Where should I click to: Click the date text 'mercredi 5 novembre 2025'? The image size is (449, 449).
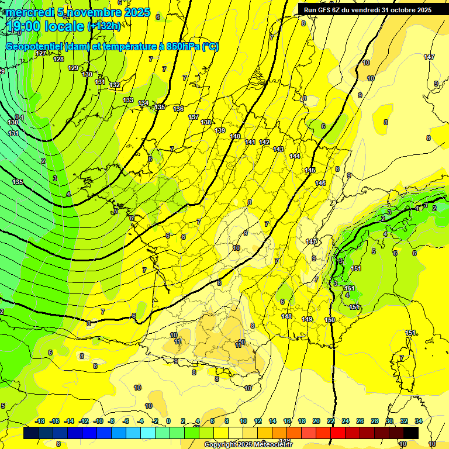[x=78, y=12]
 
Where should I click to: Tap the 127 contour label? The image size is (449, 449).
[x=40, y=53]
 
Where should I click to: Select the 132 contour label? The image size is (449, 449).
[x=115, y=85]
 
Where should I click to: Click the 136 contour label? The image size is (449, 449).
[x=178, y=109]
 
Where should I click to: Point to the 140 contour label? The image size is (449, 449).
[x=235, y=136]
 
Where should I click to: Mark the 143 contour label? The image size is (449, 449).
[x=278, y=149]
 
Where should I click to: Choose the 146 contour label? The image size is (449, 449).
[x=320, y=183]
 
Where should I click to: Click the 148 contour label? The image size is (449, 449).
[x=286, y=316]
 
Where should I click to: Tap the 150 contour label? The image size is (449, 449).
[x=330, y=320]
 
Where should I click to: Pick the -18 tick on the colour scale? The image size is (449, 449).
[x=40, y=421]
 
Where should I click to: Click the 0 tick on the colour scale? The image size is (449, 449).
[x=168, y=421]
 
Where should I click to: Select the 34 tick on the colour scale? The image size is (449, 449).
[x=418, y=421]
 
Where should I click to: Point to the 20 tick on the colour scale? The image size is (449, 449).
[x=316, y=421]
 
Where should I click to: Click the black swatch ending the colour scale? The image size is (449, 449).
[x=411, y=433]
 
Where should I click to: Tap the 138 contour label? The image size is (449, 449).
[x=206, y=122]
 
